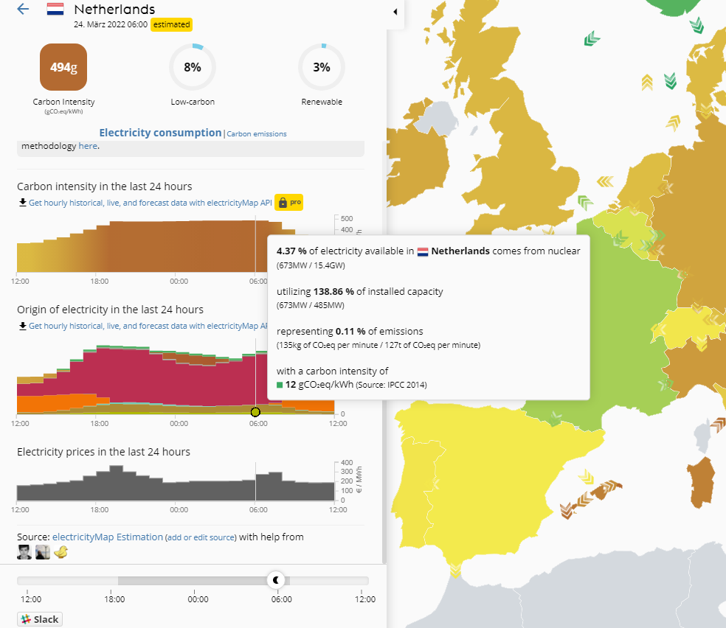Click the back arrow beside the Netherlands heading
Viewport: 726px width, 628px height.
coord(23,10)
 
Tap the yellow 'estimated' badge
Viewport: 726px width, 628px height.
coord(172,24)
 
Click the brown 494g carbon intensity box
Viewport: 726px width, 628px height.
coord(63,68)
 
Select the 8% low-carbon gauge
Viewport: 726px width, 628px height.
coord(193,68)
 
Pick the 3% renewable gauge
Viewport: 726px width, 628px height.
coord(321,68)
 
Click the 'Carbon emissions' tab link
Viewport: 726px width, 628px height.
coord(257,134)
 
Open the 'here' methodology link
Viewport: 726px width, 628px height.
coord(87,146)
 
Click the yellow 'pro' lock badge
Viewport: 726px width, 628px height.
coord(289,202)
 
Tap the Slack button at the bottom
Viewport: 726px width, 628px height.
coord(40,619)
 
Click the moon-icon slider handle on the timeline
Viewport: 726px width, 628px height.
coord(277,580)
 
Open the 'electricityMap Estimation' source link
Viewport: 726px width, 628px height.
coord(108,537)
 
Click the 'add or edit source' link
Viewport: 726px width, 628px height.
coord(201,537)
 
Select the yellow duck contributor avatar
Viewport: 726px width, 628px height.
coord(61,552)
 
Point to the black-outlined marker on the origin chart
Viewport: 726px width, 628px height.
coord(255,412)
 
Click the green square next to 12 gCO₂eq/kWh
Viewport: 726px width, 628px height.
coord(280,385)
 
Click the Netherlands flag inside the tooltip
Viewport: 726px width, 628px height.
coord(423,251)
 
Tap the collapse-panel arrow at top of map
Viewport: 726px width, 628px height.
coord(395,12)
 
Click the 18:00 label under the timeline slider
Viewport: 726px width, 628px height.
coord(114,599)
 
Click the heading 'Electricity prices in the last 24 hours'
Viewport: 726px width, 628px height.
coord(103,451)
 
